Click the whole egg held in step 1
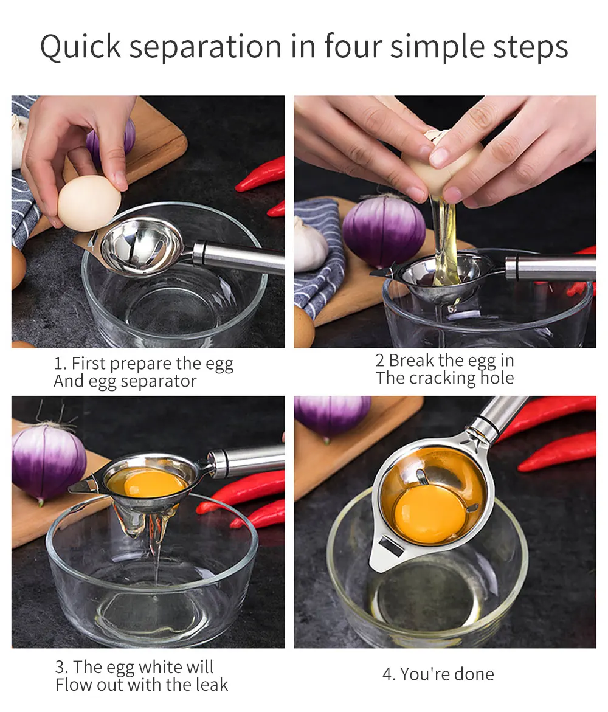click(89, 203)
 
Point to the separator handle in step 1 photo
click(240, 255)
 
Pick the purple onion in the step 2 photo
click(384, 230)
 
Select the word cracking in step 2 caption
click(442, 378)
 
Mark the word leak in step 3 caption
click(212, 685)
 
